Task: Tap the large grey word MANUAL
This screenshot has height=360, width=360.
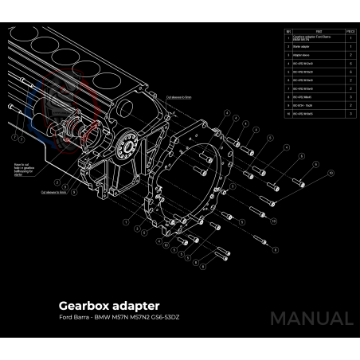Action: click(311, 319)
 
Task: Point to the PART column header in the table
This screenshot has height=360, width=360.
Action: click(319, 31)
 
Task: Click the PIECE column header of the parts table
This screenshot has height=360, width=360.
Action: click(349, 31)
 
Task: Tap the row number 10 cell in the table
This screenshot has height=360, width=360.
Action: click(288, 114)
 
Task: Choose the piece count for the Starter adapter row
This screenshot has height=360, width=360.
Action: click(349, 47)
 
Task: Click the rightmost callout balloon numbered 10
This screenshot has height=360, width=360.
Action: click(330, 173)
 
